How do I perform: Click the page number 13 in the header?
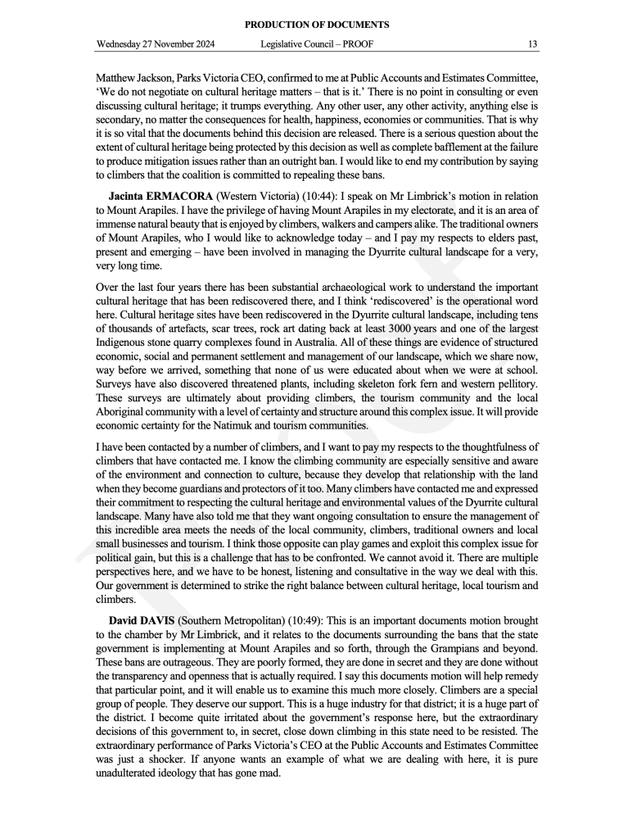click(x=532, y=44)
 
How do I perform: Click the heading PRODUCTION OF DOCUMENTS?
click(x=318, y=25)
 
